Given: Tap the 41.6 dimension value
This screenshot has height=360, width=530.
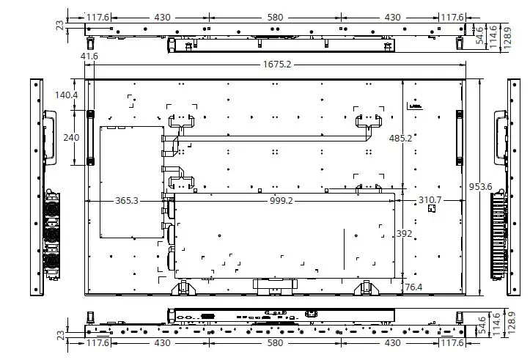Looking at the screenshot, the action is point(89,56).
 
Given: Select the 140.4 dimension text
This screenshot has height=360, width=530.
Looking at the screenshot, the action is point(66,95).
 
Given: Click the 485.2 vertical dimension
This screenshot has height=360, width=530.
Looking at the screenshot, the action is point(400,138).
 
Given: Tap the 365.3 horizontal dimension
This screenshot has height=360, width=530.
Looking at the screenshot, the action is point(126,200).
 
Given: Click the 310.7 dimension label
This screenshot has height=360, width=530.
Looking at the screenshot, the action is point(430,200).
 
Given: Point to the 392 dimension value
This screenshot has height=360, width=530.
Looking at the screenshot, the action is point(403,233).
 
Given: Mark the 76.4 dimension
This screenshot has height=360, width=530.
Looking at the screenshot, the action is point(413,287).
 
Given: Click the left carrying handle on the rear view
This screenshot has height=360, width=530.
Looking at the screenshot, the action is point(91,137).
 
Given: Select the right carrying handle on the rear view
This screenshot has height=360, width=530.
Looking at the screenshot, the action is point(459,137).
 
